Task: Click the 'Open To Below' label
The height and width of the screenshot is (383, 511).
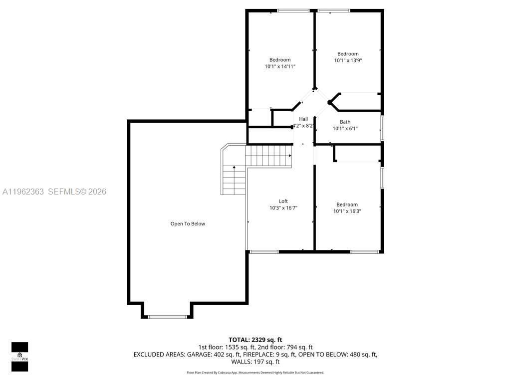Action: pos(188,224)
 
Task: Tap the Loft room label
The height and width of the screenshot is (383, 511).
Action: pos(283,201)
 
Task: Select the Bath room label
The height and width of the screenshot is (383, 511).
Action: pos(345,122)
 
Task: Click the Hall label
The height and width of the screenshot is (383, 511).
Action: pos(303,119)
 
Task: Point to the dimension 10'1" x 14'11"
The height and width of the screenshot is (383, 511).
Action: pos(280,66)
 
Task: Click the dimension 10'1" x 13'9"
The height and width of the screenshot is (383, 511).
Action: pos(348,60)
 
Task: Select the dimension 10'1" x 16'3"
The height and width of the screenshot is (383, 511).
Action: pos(347,211)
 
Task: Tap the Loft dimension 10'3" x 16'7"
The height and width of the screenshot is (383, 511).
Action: pos(283,208)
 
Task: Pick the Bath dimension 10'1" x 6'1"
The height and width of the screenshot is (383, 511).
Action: pos(345,128)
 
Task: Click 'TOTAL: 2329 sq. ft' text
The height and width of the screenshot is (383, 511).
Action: pos(255,340)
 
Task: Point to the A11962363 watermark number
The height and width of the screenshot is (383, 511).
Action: pos(23,191)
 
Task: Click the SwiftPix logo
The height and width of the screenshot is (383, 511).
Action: pos(19,357)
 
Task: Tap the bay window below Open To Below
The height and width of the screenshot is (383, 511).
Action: pos(167,316)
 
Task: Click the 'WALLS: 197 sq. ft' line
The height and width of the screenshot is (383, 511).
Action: pos(255,362)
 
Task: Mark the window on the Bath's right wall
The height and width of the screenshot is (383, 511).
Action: pos(382,127)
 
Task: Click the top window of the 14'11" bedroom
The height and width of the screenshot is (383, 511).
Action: pos(292,10)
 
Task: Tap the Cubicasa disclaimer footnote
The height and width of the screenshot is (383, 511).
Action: pos(255,373)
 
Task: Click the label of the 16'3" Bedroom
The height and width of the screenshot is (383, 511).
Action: pos(347,204)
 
